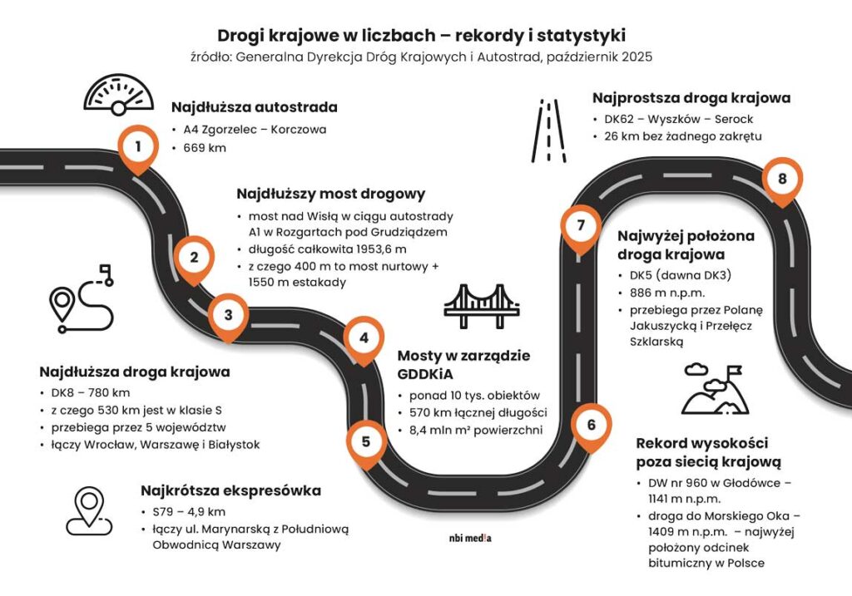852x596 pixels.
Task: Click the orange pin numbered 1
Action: click(x=138, y=148)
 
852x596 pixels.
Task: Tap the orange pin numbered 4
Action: click(x=364, y=339)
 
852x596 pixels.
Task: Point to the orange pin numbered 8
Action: click(x=781, y=180)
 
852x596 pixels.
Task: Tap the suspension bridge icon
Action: click(x=482, y=305)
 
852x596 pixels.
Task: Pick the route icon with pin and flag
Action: click(x=82, y=298)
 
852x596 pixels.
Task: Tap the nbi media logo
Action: click(x=470, y=538)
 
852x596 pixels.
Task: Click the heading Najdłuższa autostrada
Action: click(x=254, y=107)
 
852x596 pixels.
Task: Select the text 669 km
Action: click(x=205, y=148)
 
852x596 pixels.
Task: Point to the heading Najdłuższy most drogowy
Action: click(x=330, y=194)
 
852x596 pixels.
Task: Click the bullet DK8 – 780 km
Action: click(x=89, y=392)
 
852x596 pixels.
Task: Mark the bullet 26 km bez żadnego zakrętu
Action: click(x=682, y=136)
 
